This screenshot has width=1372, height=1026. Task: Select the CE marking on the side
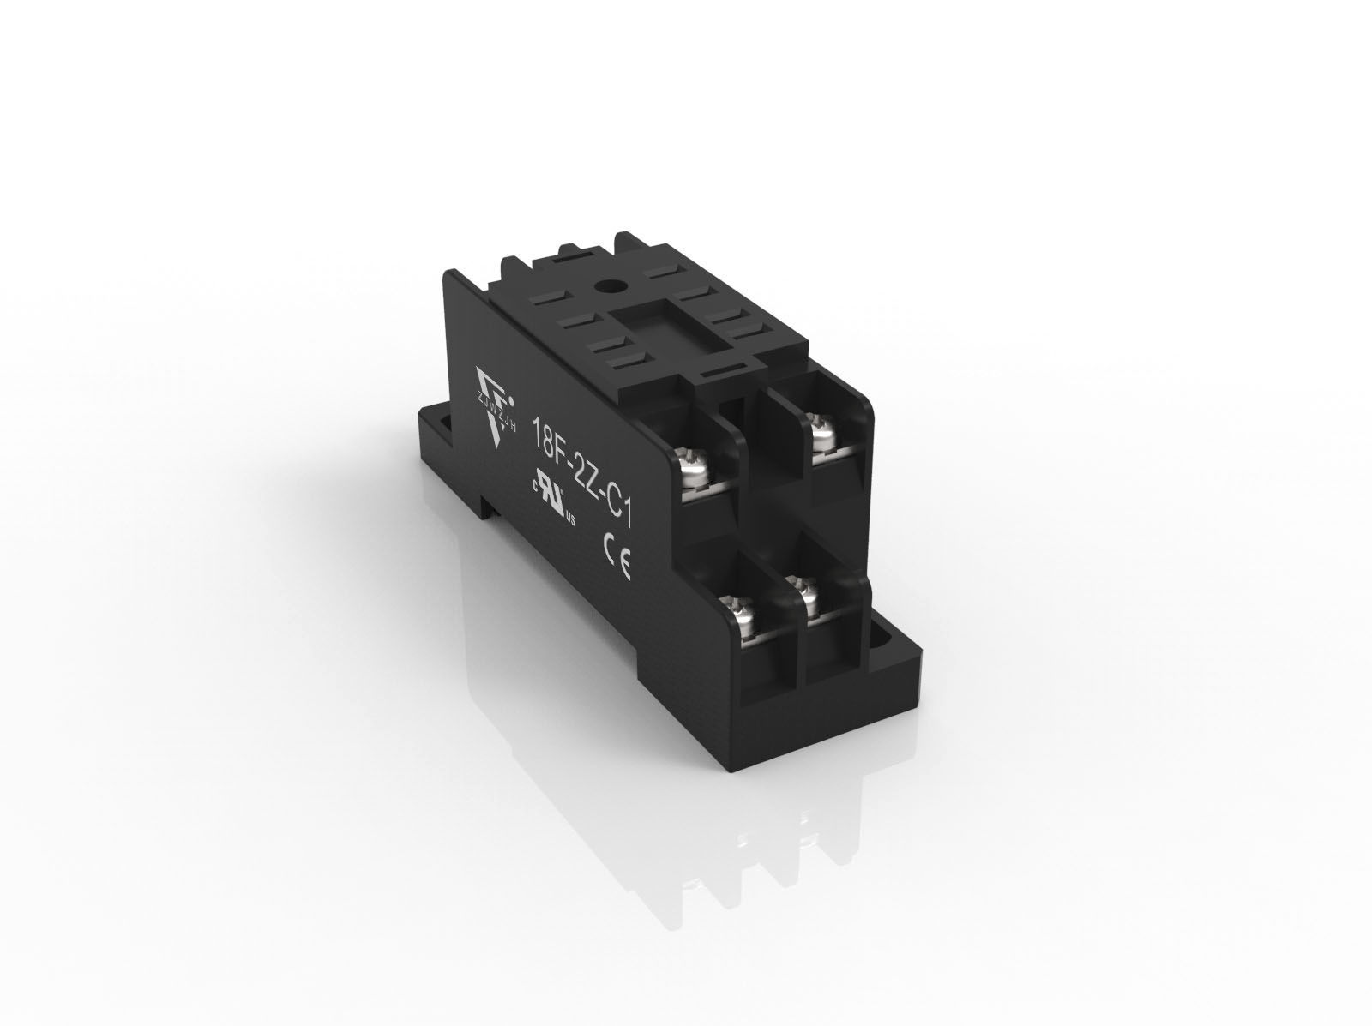click(617, 567)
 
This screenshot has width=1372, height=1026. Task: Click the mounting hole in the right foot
click(882, 639)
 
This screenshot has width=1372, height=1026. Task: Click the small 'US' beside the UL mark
click(569, 519)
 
